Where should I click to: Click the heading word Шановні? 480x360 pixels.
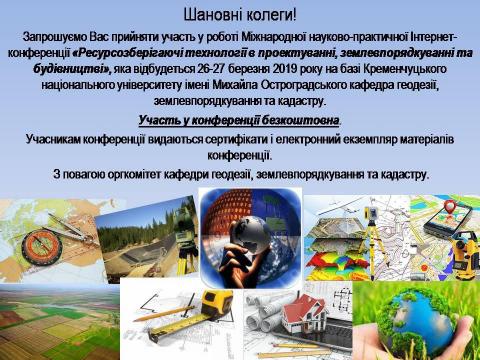[211, 16]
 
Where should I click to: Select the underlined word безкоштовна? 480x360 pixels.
[300, 120]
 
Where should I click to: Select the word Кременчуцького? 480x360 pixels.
[405, 69]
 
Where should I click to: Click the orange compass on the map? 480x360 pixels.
[37, 246]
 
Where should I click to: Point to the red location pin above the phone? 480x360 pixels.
[450, 207]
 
